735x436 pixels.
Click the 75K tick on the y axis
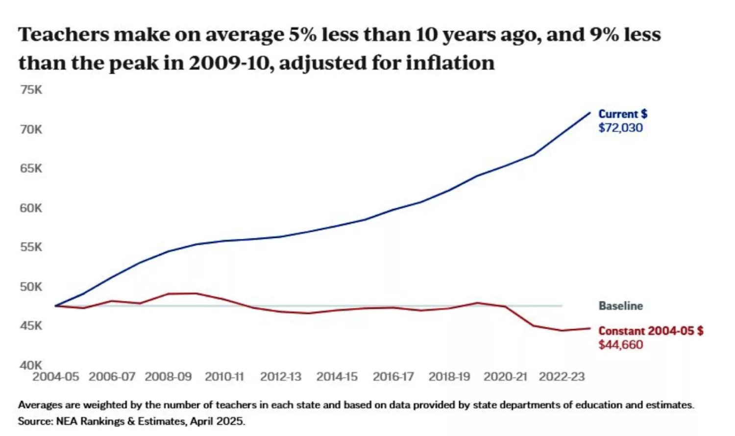tap(31, 90)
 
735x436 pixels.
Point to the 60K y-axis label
tap(31, 208)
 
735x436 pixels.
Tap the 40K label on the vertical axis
tap(31, 365)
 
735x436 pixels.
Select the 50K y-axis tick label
tap(31, 287)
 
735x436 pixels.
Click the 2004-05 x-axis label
tap(55, 377)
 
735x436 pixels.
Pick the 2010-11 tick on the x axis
tap(224, 377)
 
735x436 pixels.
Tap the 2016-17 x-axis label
tap(393, 377)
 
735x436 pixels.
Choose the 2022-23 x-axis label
tap(562, 377)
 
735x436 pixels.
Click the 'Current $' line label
tap(623, 114)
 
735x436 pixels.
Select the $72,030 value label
tap(620, 128)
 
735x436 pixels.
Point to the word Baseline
tap(620, 306)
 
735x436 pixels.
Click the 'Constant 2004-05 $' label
tap(651, 331)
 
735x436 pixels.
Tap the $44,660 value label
tap(620, 345)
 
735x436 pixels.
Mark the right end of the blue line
tap(590, 113)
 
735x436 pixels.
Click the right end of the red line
tap(590, 328)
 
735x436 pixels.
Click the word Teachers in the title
tap(64, 35)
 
